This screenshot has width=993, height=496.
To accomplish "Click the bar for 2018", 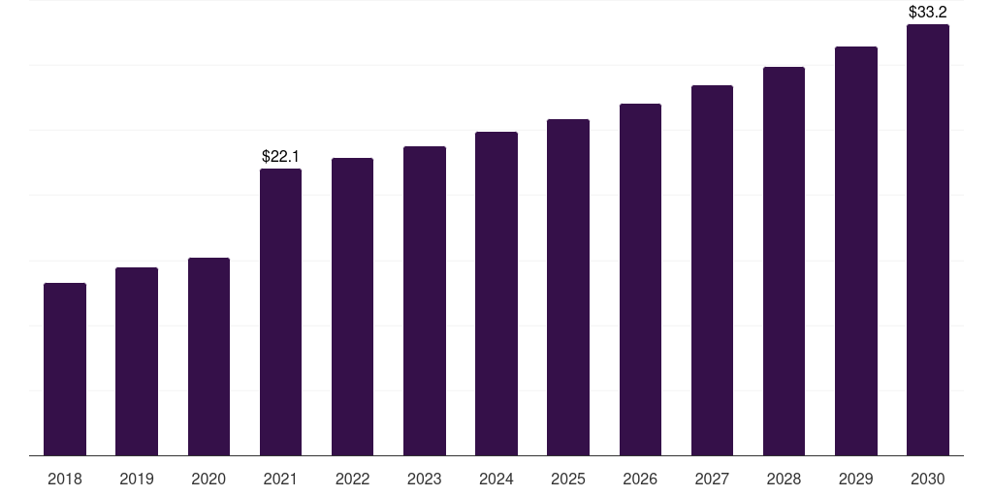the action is (x=65, y=369).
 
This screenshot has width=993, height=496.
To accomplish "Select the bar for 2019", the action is (x=137, y=361).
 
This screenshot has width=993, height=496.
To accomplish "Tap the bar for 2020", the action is (x=209, y=356).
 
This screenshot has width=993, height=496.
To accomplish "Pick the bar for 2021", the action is (x=280, y=312).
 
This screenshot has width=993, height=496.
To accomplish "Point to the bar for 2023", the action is (x=425, y=301).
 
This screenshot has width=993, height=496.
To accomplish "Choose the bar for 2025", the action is (x=568, y=287).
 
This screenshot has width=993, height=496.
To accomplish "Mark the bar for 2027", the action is (x=713, y=270).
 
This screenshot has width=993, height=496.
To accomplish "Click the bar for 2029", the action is (x=856, y=251).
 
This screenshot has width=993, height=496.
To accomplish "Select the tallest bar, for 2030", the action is (x=928, y=240).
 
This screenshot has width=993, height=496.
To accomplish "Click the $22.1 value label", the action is (x=280, y=156).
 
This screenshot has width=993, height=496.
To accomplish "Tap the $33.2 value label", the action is (x=928, y=12).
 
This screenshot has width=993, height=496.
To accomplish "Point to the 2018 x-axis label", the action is (x=65, y=479).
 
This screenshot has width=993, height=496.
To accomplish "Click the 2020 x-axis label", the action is (x=209, y=479).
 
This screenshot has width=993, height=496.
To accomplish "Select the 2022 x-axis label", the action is (x=353, y=479).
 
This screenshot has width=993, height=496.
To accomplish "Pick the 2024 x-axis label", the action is (x=496, y=479).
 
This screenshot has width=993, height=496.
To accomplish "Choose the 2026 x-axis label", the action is (x=640, y=479).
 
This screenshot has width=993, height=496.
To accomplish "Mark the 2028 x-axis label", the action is (x=784, y=479).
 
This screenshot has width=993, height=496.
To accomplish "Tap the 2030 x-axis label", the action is (x=928, y=479).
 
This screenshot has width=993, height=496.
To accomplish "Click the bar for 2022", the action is (x=353, y=307).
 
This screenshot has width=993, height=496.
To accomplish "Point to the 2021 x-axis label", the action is (x=280, y=479).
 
